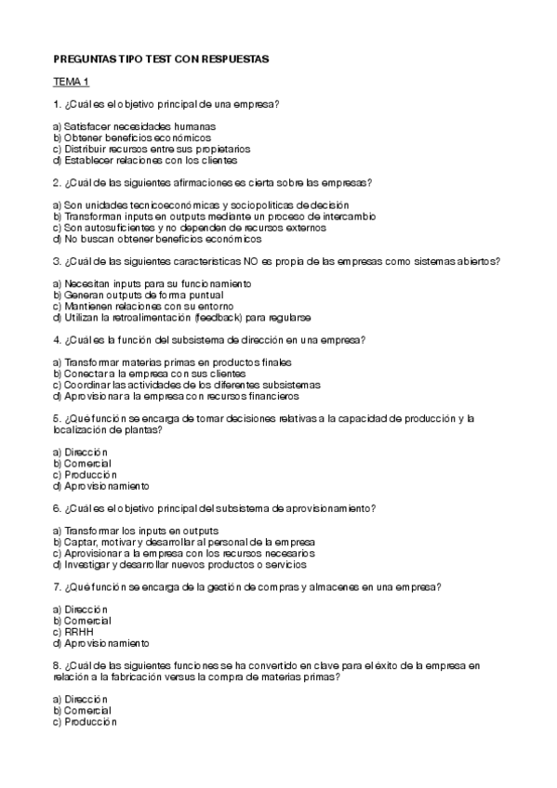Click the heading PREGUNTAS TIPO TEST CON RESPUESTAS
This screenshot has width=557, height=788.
click(160, 59)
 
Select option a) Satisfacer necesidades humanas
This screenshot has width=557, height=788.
click(134, 125)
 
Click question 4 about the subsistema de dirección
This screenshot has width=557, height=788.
click(210, 339)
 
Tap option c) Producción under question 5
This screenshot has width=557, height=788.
click(85, 474)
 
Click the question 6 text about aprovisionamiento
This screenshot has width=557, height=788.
click(215, 508)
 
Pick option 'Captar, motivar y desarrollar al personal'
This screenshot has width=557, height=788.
click(183, 541)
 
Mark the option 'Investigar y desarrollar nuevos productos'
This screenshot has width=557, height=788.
click(179, 563)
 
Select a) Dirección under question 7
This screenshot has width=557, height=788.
click(81, 610)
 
